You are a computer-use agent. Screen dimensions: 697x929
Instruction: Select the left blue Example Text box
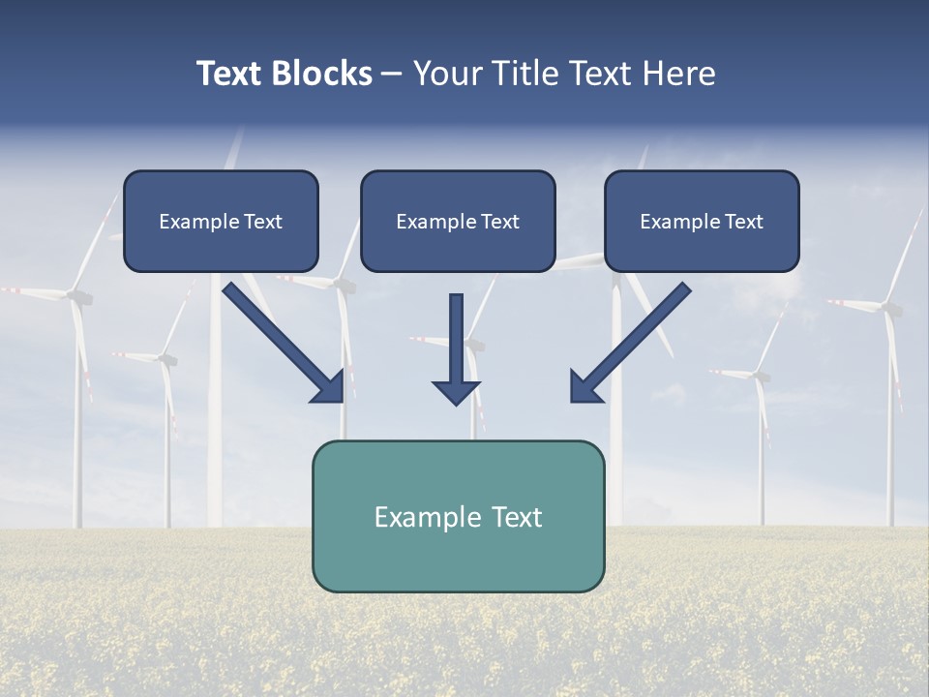221,221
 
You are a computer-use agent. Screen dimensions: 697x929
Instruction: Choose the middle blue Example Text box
458,221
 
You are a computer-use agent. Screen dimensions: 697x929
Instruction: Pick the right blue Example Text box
702,221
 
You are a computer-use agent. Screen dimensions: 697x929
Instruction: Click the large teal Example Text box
458,516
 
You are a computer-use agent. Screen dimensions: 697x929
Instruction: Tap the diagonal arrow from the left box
281,341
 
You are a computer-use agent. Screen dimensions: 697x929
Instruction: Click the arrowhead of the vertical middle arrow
456,391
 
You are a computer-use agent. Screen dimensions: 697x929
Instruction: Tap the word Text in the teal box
517,517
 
